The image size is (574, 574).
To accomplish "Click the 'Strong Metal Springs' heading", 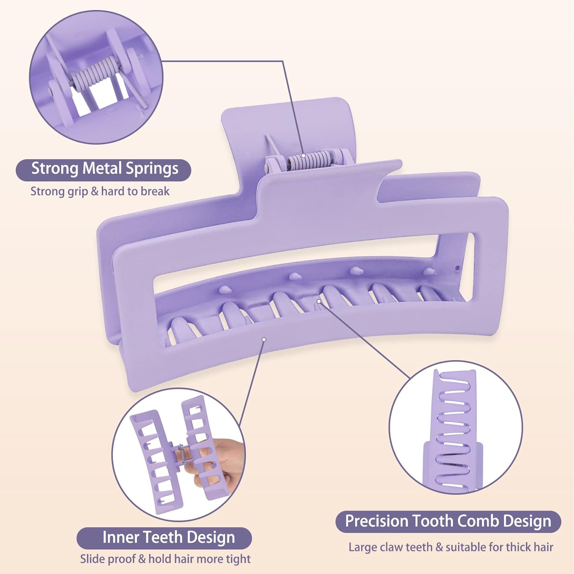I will [104, 169].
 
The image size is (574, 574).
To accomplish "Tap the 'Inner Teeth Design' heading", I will [168, 538].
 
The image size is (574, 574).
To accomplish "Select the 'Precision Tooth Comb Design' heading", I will [448, 521].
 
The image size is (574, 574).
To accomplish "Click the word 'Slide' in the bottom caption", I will [91, 559].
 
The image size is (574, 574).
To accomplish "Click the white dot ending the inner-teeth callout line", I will [264, 339].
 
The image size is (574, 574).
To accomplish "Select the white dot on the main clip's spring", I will [303, 156].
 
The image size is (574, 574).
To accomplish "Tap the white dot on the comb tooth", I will [318, 302].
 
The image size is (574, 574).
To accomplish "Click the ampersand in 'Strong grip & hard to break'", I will [95, 191].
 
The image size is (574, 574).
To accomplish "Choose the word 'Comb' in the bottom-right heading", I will [477, 521].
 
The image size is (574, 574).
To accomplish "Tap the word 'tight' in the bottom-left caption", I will [238, 559].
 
